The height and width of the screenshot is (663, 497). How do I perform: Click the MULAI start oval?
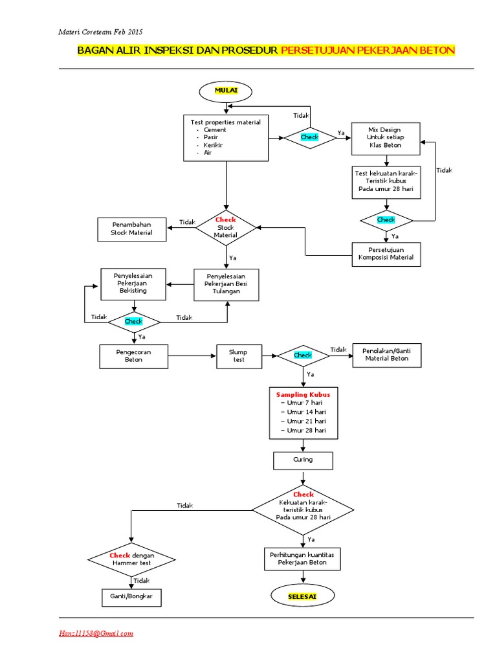click(226, 92)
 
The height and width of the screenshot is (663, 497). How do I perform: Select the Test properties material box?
click(226, 138)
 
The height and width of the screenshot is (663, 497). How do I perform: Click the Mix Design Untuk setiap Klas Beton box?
click(385, 138)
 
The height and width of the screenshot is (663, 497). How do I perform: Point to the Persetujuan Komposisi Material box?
click(386, 254)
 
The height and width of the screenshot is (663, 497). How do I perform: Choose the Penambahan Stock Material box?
click(131, 228)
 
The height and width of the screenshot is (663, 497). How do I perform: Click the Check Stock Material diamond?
click(226, 227)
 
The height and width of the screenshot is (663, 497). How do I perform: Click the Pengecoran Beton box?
click(133, 355)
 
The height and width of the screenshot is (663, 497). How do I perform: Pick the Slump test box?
click(239, 355)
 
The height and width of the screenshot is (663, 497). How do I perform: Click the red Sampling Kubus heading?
click(303, 394)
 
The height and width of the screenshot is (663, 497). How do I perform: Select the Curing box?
click(303, 460)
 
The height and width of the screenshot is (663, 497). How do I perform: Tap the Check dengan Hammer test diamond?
click(131, 559)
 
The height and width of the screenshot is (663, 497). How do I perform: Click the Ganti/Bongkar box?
click(131, 596)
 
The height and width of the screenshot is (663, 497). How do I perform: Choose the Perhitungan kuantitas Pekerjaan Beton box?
click(303, 559)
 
